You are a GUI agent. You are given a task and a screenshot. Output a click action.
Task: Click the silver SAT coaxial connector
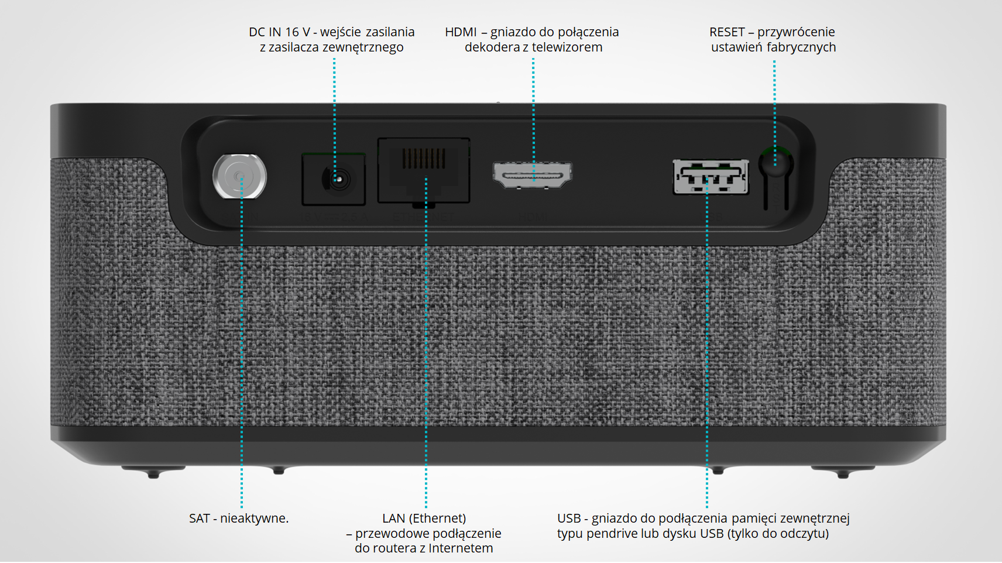point(239,176)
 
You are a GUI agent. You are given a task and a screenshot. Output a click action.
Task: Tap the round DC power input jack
point(336,179)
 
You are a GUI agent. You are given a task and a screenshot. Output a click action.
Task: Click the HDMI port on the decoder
point(533,175)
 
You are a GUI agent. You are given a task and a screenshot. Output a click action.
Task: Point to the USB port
point(711,176)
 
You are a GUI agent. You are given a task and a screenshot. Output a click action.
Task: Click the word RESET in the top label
point(727,32)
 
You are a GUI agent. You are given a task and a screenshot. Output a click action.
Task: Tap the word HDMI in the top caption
point(461,32)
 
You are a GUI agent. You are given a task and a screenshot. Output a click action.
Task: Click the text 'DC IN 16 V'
point(279,32)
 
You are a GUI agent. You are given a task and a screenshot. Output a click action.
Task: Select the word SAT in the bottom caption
point(199,519)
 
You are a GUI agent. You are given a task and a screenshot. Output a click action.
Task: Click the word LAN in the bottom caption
point(393,519)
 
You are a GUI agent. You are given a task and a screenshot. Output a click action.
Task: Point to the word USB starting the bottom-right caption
point(569,519)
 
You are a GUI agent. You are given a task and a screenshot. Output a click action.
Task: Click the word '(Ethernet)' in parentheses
point(437,519)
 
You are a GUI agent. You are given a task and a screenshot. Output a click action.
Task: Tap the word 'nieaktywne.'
point(255,519)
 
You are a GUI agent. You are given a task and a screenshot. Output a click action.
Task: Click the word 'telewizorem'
point(566,47)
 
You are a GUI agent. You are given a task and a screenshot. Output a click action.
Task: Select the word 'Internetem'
point(461,548)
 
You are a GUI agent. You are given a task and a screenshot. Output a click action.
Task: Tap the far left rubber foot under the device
point(153,472)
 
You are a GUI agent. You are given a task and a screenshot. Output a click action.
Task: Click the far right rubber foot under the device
point(843,472)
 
